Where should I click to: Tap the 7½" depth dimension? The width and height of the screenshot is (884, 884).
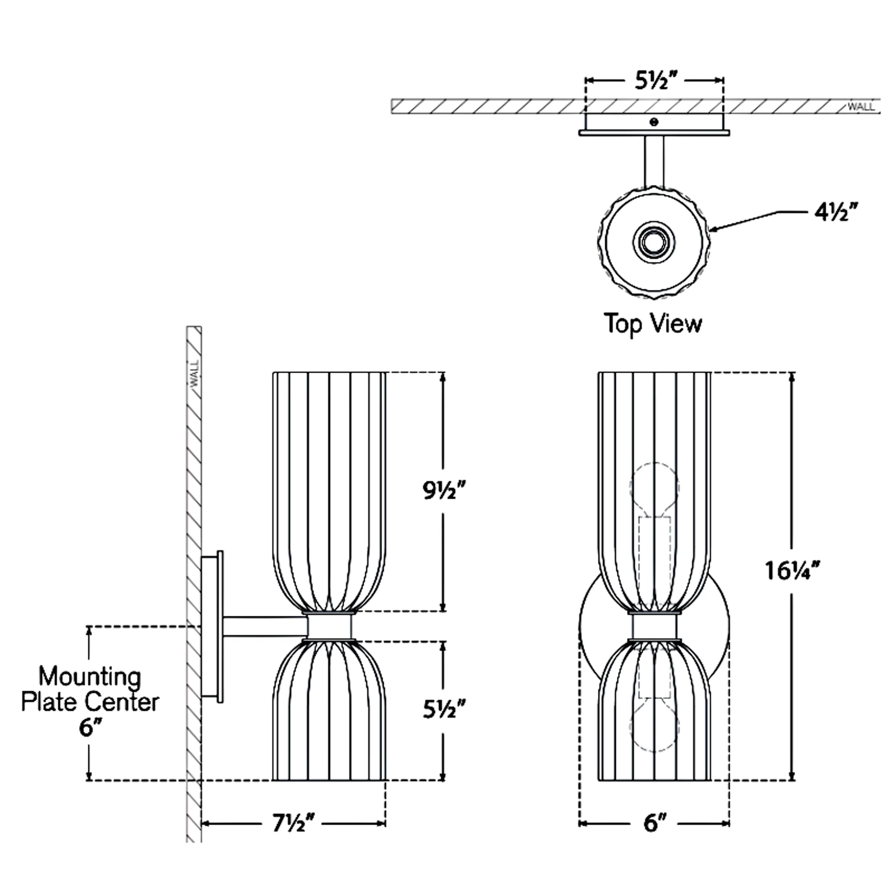293,823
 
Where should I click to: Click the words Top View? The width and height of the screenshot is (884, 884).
653,324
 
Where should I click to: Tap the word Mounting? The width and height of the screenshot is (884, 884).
90,677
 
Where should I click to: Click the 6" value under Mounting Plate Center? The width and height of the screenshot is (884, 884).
87,728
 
